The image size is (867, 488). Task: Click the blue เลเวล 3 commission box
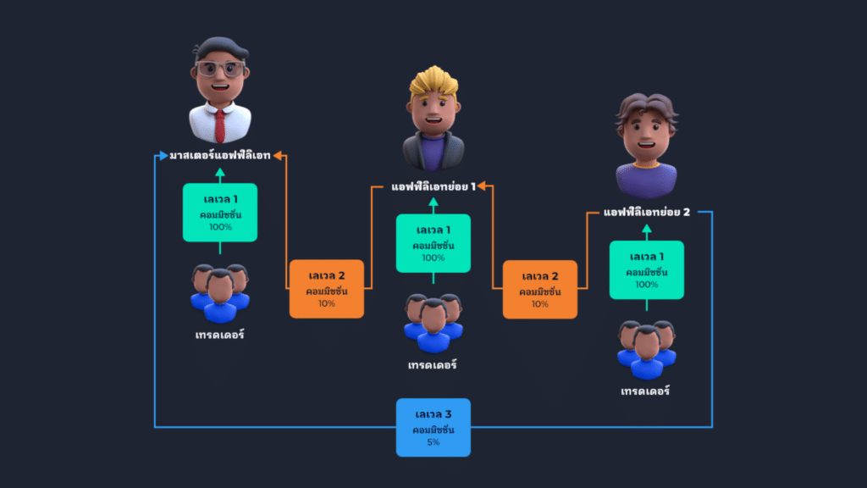click(x=433, y=427)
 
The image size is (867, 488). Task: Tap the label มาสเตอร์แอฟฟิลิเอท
click(x=219, y=156)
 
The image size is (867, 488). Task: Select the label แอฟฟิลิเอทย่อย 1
click(x=433, y=186)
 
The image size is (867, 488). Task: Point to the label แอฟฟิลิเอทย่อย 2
click(x=647, y=213)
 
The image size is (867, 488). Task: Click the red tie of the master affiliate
click(x=219, y=125)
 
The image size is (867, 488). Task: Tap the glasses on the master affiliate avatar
click(x=219, y=69)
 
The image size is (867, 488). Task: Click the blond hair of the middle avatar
click(x=433, y=83)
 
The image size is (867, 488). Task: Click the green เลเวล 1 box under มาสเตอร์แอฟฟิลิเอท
click(x=219, y=213)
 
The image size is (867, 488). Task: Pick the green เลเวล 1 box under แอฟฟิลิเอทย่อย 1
click(x=433, y=243)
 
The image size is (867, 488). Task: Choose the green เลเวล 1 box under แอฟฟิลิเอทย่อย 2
click(x=647, y=269)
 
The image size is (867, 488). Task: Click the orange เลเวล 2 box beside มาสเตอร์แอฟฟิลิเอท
click(x=326, y=289)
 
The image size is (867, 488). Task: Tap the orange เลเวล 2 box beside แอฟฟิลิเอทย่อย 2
click(x=539, y=289)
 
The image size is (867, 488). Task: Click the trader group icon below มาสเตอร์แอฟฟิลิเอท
click(x=219, y=293)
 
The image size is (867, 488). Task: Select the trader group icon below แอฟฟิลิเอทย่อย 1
click(x=433, y=323)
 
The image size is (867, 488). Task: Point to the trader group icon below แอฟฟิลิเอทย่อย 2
click(x=647, y=349)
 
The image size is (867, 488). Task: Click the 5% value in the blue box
click(x=433, y=442)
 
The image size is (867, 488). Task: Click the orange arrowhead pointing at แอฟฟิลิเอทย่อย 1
click(x=486, y=186)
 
